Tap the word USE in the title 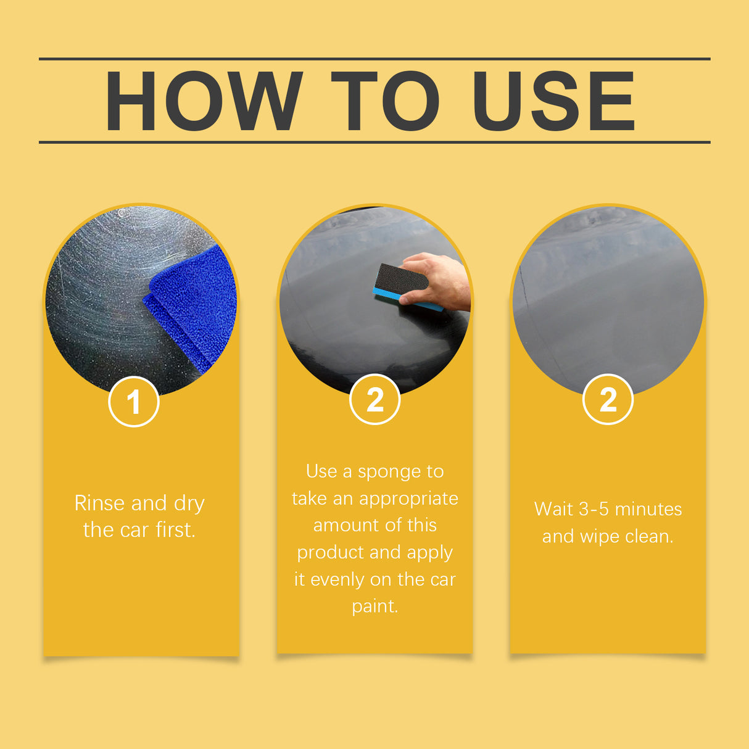point(553,101)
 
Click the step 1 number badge point(134,402)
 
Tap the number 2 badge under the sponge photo point(374,400)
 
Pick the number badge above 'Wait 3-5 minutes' point(608,400)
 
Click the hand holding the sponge point(441,281)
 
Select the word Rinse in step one point(99,503)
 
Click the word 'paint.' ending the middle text point(374,606)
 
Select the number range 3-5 point(594,509)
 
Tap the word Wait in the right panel point(553,509)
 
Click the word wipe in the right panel point(598,537)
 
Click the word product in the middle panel point(331,552)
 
